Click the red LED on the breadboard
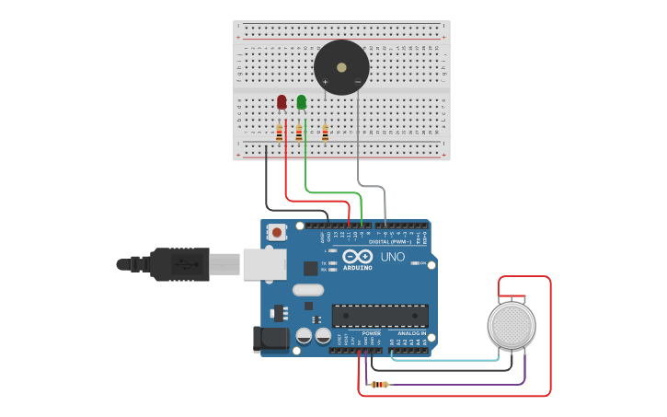click(x=282, y=102)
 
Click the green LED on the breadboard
click(x=302, y=102)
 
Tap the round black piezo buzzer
click(x=341, y=67)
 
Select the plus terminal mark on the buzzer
click(x=325, y=82)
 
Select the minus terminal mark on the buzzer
click(x=358, y=82)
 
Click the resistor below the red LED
click(x=279, y=133)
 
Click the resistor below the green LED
click(x=299, y=133)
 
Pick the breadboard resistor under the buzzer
click(x=325, y=133)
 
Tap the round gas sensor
click(x=512, y=325)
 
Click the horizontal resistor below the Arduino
click(x=379, y=385)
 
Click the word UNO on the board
click(x=393, y=257)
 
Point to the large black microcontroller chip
click(x=380, y=316)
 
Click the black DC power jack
click(x=270, y=339)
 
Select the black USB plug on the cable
click(x=179, y=264)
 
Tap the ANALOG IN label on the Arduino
click(x=410, y=333)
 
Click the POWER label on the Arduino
click(x=371, y=333)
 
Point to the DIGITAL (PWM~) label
click(x=390, y=241)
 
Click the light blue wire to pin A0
click(x=442, y=360)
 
